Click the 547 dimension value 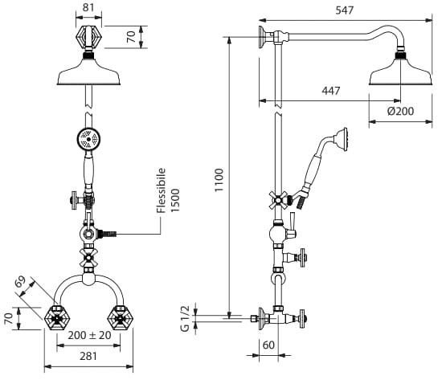[x=345, y=10]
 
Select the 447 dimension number [x=331, y=91]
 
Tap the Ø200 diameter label [x=400, y=112]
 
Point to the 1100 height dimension [x=219, y=180]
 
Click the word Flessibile [x=161, y=190]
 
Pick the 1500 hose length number [x=175, y=200]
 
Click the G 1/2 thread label [x=185, y=319]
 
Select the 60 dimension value [x=268, y=345]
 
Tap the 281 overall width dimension [x=88, y=357]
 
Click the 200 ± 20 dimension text [x=90, y=335]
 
